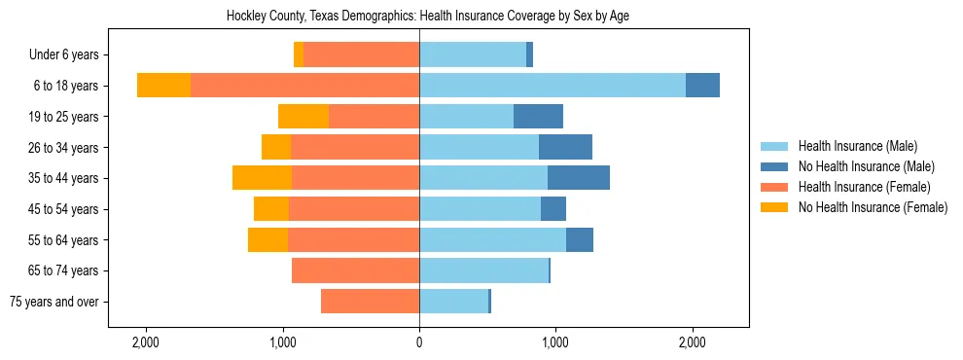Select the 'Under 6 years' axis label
[69, 55]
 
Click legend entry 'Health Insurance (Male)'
[857, 146]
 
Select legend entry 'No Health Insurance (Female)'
[873, 207]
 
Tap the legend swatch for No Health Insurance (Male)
[775, 166]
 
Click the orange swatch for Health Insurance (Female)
[775, 187]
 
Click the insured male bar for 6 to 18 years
[553, 86]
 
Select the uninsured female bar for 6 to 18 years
[163, 86]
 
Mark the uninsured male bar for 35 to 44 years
[579, 178]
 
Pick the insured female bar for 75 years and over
[370, 302]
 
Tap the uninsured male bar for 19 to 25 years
[538, 117]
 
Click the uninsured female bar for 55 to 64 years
[267, 239]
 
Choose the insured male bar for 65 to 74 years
[483, 270]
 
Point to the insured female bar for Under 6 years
[361, 55]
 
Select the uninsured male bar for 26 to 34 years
[565, 147]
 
